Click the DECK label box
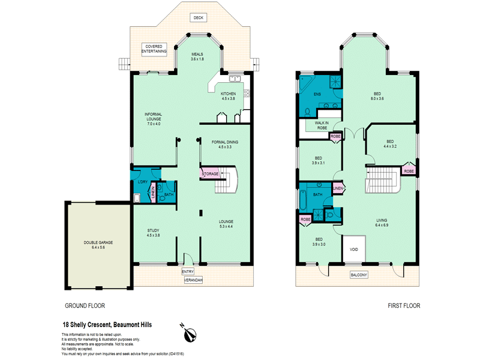click(x=199, y=18)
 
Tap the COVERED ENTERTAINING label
click(x=154, y=49)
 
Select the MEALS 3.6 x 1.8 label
click(x=197, y=56)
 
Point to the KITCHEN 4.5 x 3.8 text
click(x=228, y=96)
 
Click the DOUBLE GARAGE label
click(x=98, y=245)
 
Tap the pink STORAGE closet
click(x=210, y=173)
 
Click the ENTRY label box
click(x=188, y=272)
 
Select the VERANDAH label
click(x=193, y=280)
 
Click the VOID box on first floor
click(x=354, y=249)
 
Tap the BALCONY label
click(x=359, y=275)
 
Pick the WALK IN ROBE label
click(x=322, y=125)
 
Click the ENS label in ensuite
click(x=317, y=94)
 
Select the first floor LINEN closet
click(x=338, y=188)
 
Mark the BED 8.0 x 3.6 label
click(x=377, y=96)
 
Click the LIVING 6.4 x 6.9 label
click(x=382, y=223)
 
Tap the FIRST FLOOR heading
click(x=404, y=305)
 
